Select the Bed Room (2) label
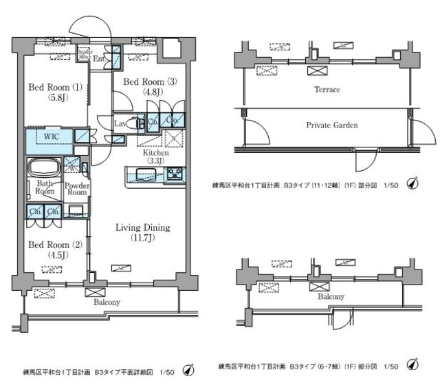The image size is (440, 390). [x=49, y=245]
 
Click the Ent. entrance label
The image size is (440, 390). [x=100, y=59]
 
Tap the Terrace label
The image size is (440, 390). [x=327, y=90]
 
